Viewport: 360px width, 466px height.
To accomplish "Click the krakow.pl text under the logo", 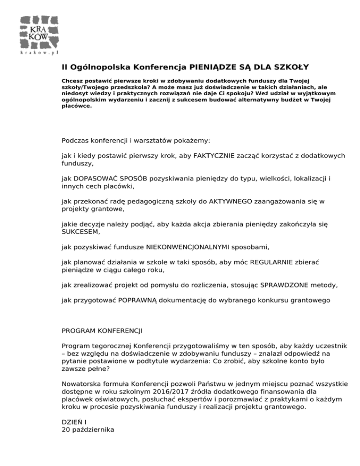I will [x=39, y=53].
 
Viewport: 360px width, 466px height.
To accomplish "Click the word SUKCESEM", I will [x=80, y=232].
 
